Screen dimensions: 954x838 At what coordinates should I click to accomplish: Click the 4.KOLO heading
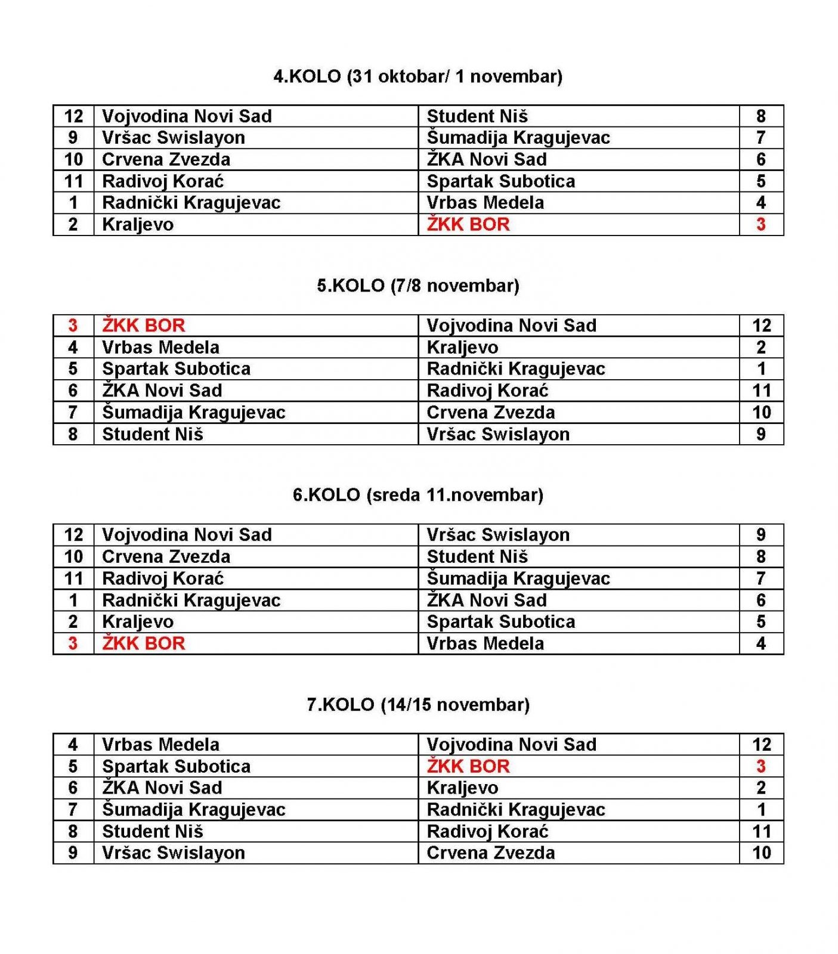click(x=418, y=76)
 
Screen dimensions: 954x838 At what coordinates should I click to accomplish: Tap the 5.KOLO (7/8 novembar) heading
click(x=418, y=286)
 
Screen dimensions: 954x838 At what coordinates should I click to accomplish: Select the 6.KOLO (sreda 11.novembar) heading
click(x=418, y=495)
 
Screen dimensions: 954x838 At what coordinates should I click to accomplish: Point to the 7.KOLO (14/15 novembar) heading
click(x=418, y=705)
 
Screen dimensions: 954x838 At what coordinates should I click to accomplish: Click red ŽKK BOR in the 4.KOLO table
click(x=468, y=225)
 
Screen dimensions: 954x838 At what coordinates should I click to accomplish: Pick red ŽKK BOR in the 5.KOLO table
click(x=143, y=326)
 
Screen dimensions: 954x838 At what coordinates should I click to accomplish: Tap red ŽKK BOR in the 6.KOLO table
click(x=143, y=643)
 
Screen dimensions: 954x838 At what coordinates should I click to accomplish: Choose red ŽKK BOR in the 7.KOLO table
click(x=468, y=766)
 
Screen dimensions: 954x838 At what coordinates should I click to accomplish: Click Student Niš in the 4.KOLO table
click(x=477, y=116)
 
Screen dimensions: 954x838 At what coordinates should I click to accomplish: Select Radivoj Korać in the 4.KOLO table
click(x=163, y=181)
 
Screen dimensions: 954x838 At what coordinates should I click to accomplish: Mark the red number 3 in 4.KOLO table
click(x=760, y=225)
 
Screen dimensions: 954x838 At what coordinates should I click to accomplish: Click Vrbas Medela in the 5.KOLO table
click(x=160, y=347)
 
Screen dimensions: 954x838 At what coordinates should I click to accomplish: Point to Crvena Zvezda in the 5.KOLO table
click(x=490, y=413)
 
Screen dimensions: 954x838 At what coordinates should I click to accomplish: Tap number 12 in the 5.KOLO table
click(x=762, y=326)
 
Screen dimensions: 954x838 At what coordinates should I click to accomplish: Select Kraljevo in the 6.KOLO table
click(x=138, y=622)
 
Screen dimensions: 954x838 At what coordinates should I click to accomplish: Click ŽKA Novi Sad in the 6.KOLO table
click(x=487, y=600)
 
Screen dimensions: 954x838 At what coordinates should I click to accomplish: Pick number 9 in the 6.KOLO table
click(x=760, y=535)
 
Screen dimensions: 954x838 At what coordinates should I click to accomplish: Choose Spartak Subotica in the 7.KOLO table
click(x=176, y=766)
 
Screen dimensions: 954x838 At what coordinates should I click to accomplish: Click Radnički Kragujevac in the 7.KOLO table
click(x=516, y=810)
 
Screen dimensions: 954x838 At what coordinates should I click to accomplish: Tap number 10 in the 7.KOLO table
click(x=762, y=853)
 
